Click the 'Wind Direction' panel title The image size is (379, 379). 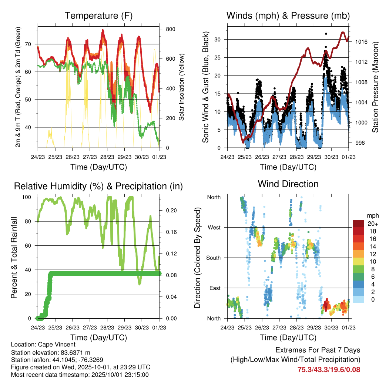pos(288,184)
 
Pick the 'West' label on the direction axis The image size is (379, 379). pos(214,227)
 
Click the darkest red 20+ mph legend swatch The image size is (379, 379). pos(359,224)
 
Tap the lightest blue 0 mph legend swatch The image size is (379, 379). pos(359,299)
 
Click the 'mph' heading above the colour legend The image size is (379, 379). pos(372,215)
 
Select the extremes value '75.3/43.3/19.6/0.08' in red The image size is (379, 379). pos(329,369)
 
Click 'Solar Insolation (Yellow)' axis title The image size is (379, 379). pos(181,87)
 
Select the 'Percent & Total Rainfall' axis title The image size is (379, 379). pos(14,258)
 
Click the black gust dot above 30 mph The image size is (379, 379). pos(326,34)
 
